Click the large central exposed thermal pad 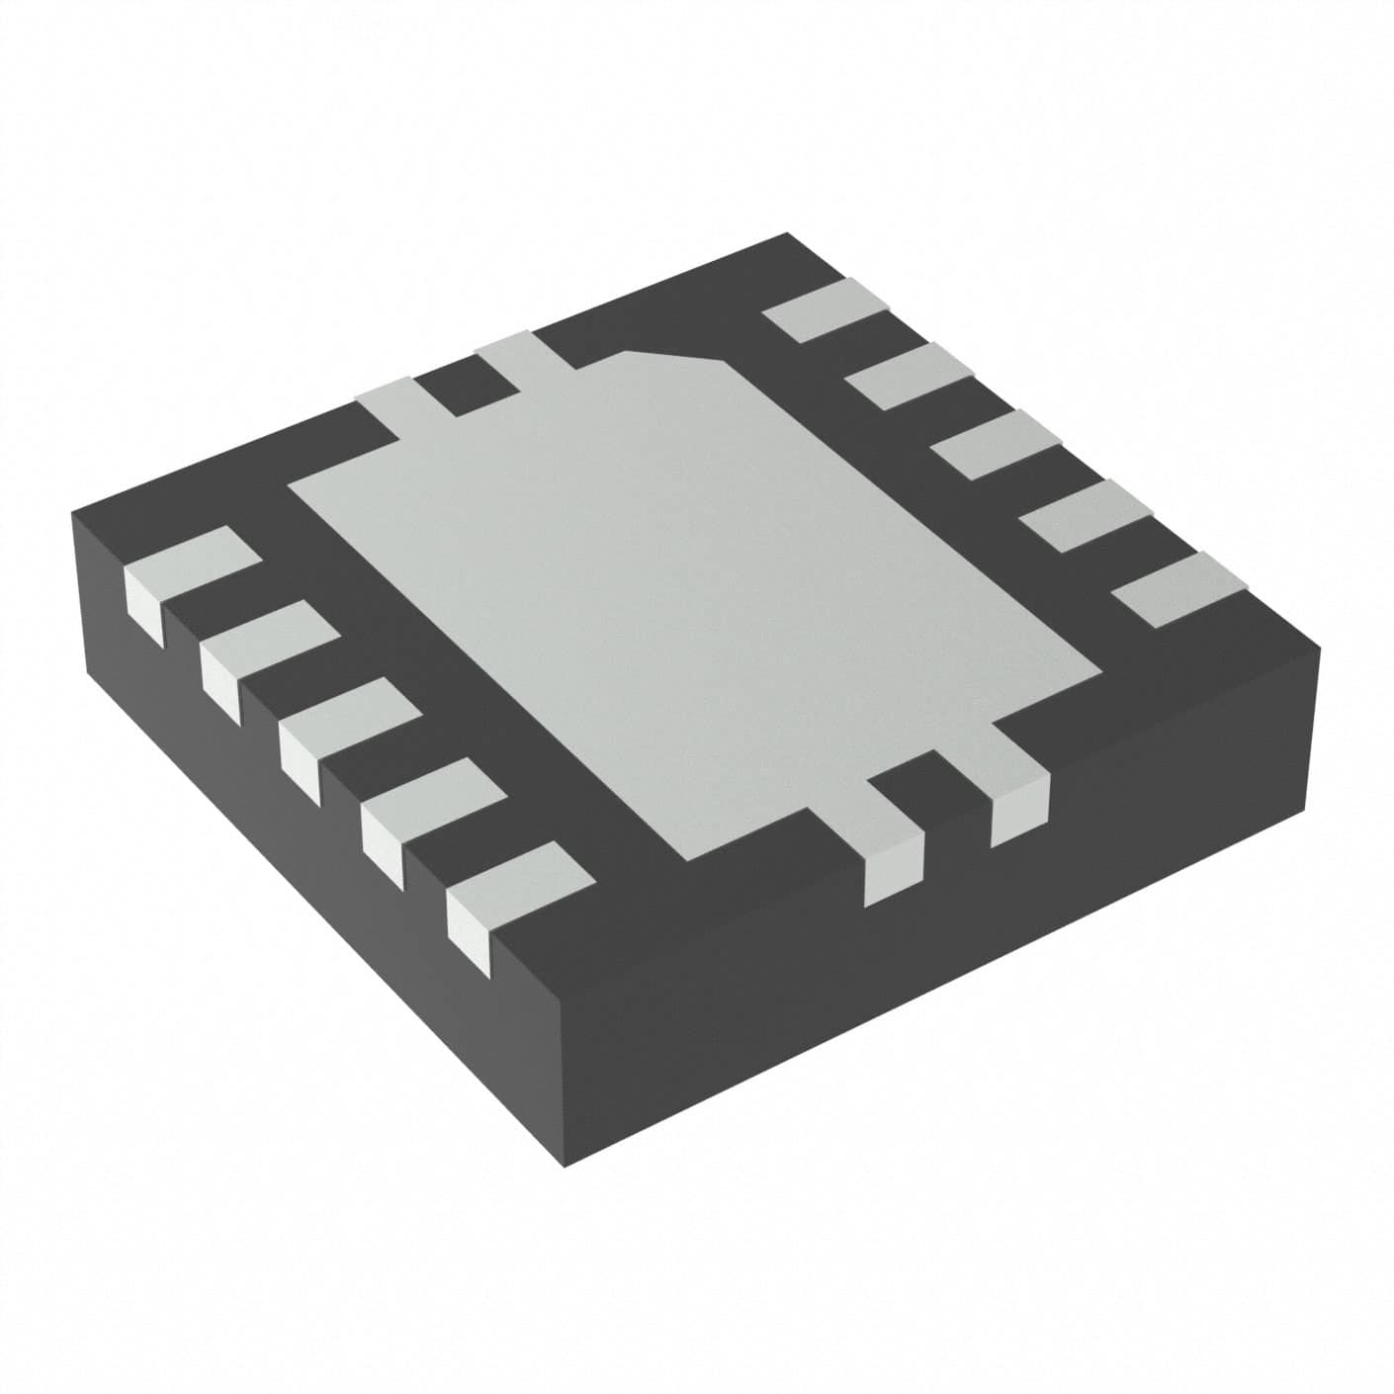[692, 593]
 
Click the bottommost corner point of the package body [565, 1167]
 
